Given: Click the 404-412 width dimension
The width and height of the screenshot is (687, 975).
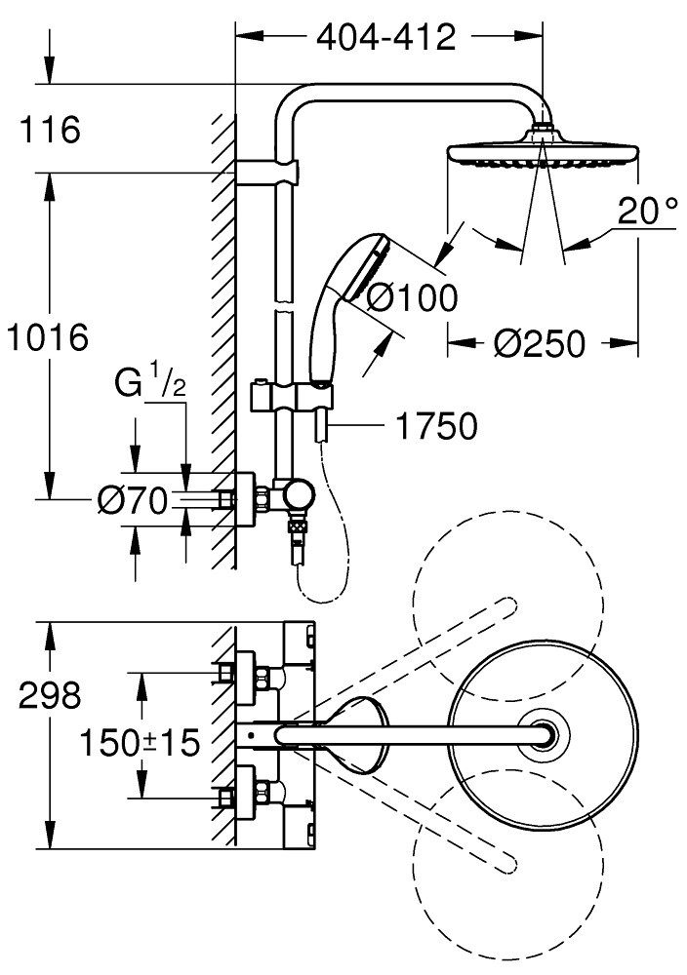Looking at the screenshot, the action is pos(386,38).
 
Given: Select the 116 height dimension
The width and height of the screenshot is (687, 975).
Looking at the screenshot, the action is pos(50,130).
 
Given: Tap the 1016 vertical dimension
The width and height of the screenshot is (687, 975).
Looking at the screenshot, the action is pos(47,337).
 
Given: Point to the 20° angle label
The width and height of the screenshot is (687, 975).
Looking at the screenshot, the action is pos(647,211).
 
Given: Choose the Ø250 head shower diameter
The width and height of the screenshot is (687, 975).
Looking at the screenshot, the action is pos(540,343).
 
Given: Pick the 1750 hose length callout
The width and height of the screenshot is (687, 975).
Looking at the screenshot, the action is pos(437,427).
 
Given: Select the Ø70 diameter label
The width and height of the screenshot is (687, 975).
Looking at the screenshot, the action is pos(133,501).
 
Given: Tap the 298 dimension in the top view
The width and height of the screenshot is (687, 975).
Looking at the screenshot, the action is pos(50,694).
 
